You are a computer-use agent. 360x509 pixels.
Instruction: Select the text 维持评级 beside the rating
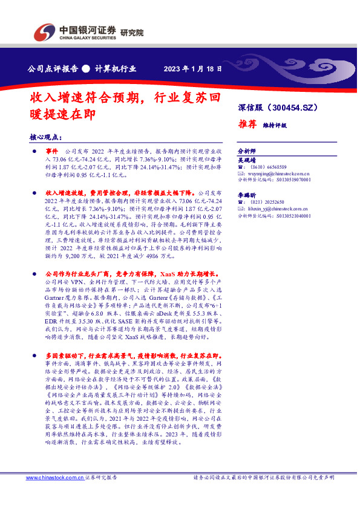[x=275, y=125]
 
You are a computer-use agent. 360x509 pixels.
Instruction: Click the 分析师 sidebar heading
[x=246, y=150]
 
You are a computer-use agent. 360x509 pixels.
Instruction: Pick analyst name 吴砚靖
[x=246, y=160]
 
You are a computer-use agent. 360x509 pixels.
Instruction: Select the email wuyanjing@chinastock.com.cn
[x=280, y=173]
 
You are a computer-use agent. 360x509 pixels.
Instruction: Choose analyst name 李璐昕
[x=246, y=195]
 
